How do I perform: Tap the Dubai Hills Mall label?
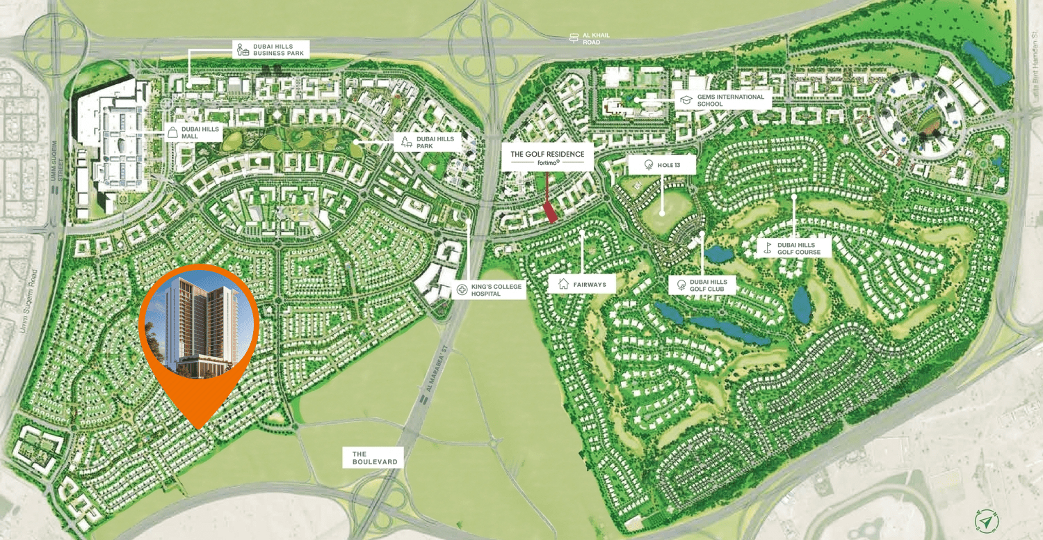pos(193,132)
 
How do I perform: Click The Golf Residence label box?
pos(547,157)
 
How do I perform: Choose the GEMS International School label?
pos(722,100)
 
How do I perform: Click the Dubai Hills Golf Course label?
pos(793,248)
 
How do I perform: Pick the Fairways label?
pos(581,284)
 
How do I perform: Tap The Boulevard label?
pos(374,457)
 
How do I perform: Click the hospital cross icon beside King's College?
pos(462,289)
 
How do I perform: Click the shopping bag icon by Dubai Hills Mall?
pos(172,132)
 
